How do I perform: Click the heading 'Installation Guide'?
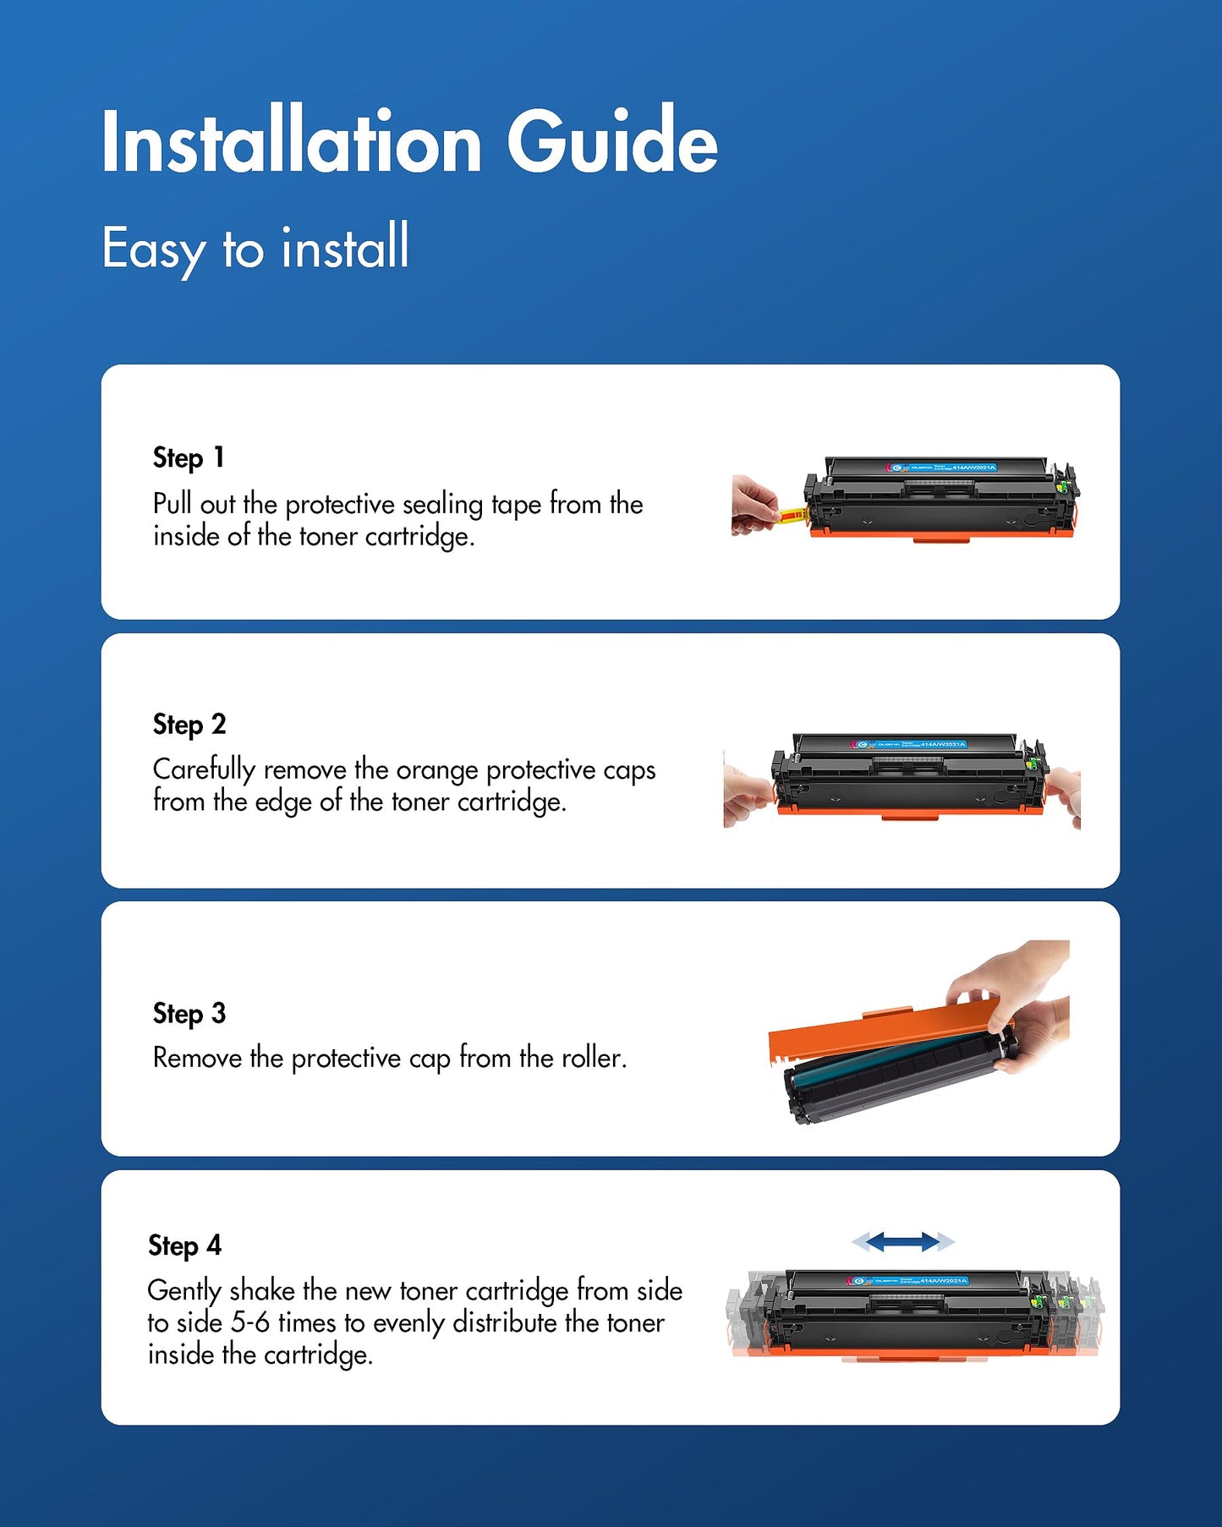click(409, 142)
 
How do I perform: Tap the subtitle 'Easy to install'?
click(255, 248)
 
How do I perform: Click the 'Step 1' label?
click(188, 457)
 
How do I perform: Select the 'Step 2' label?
click(189, 725)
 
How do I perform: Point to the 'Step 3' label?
click(189, 1013)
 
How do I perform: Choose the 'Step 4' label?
click(184, 1245)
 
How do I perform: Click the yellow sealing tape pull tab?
click(792, 514)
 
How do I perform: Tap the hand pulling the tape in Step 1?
click(752, 506)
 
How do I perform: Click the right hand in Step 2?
click(1066, 792)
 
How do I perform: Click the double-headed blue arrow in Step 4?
click(903, 1241)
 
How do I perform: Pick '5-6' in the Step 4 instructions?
click(250, 1322)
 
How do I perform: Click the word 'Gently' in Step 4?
click(184, 1291)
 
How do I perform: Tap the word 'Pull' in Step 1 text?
click(173, 504)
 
